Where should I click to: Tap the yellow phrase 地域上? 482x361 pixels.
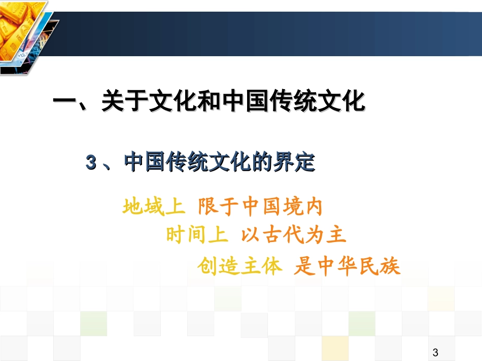(153, 207)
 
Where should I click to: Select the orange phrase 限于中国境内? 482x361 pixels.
(260, 207)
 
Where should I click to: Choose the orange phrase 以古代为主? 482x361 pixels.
(293, 235)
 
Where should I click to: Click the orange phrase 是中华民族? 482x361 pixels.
(347, 266)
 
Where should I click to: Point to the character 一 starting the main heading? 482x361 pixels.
(65, 101)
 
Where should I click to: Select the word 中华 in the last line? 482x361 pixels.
(336, 266)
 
